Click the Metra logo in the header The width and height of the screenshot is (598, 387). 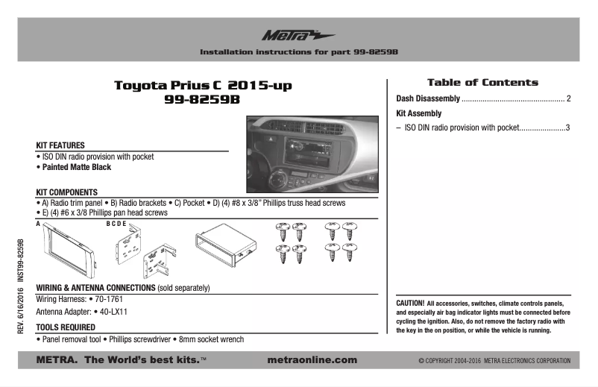point(298,35)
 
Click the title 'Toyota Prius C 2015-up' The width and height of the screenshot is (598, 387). point(202,86)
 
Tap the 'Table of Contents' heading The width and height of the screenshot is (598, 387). point(482,82)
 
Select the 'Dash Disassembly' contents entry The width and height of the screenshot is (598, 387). point(427,98)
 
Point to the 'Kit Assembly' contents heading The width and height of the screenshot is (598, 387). point(418,113)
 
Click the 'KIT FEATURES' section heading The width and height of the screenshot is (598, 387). point(60,145)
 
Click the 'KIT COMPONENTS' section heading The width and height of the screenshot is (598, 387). point(67,192)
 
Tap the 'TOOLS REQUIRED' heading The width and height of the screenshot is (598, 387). point(66,327)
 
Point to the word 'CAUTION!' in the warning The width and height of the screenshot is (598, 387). point(410,303)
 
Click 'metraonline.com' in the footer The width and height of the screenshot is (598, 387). point(311,360)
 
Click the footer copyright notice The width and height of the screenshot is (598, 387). point(494,361)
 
